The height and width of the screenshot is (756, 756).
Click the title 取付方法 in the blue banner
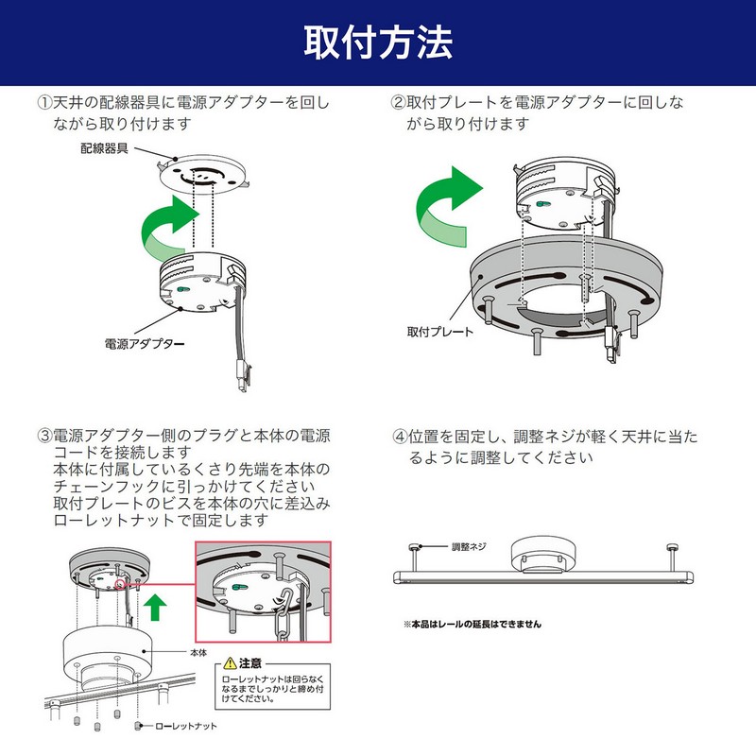[x=378, y=43]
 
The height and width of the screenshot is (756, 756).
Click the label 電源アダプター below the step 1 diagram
[x=144, y=344]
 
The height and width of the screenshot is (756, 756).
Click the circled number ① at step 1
[x=44, y=101]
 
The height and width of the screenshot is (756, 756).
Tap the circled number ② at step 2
[x=399, y=101]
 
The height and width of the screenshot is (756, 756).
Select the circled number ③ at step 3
[x=44, y=436]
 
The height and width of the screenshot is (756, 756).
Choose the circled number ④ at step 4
[x=399, y=436]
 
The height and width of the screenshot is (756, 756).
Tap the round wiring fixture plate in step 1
[x=203, y=173]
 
